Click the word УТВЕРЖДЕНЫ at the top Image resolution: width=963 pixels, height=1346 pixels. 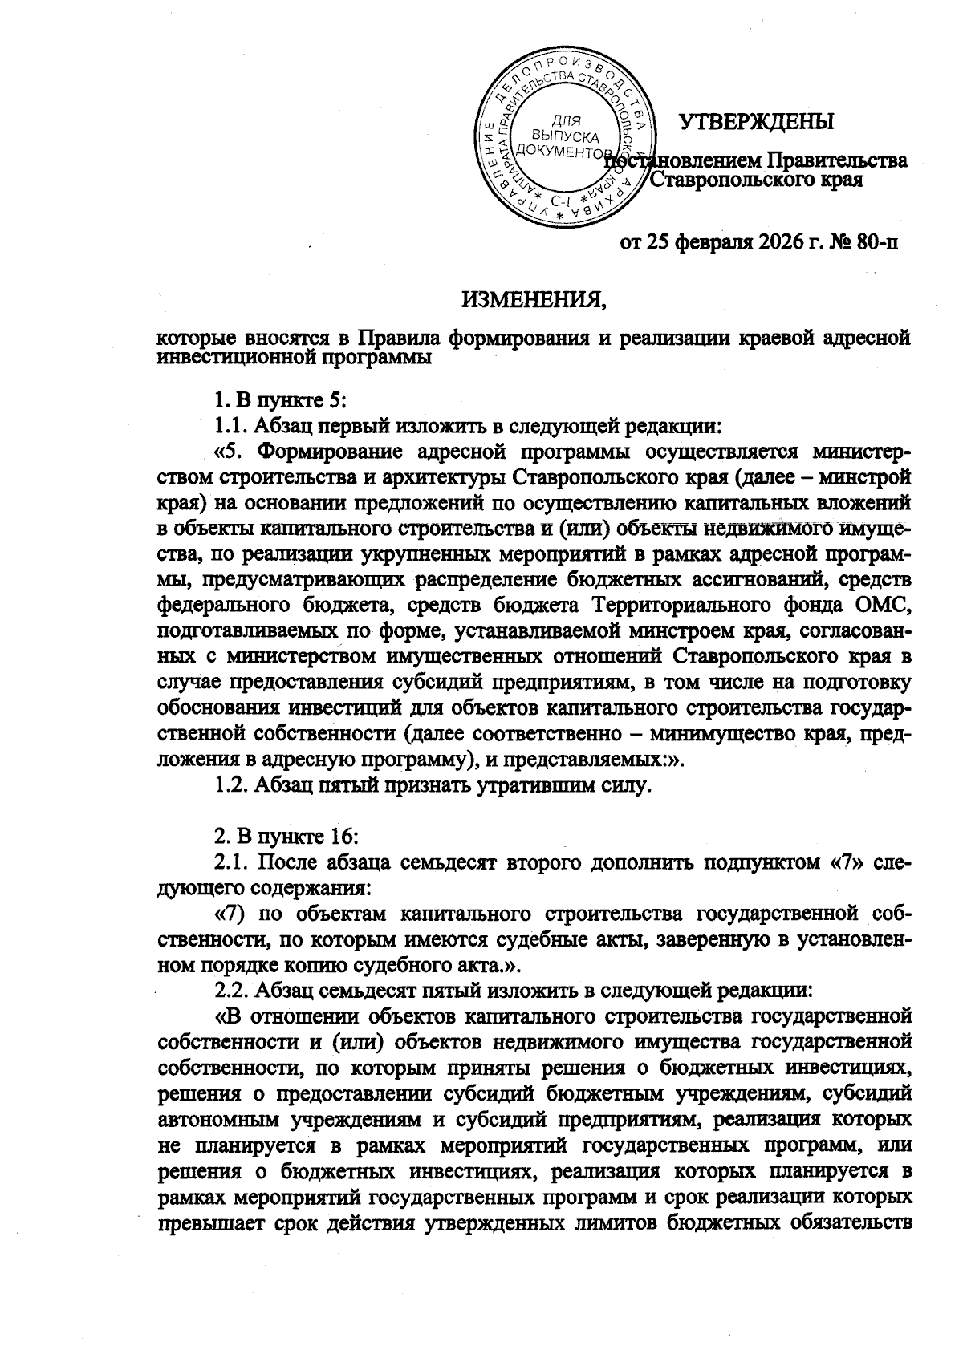click(x=757, y=122)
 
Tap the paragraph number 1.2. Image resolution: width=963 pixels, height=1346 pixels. click(x=233, y=786)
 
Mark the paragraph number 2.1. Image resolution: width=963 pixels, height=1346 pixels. click(x=233, y=863)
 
